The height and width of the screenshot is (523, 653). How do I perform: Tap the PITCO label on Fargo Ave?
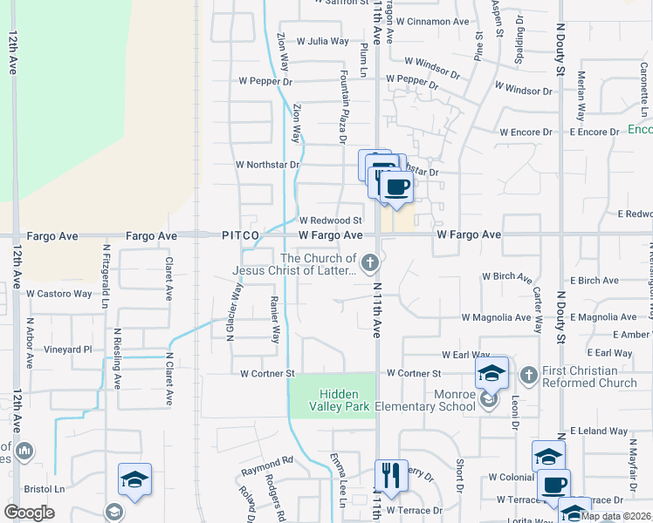pos(240,235)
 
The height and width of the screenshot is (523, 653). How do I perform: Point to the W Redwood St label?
pos(330,221)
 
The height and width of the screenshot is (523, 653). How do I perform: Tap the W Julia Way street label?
pos(322,41)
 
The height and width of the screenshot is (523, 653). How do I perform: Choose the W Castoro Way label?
pos(58,294)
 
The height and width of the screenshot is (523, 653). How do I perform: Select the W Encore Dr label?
pos(526,132)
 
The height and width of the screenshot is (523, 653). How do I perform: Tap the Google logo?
pos(29,512)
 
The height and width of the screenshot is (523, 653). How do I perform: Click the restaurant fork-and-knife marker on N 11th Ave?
pos(391,476)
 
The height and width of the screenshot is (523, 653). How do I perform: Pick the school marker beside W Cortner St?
pos(492,374)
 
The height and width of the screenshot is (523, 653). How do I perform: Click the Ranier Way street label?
pos(275,317)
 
